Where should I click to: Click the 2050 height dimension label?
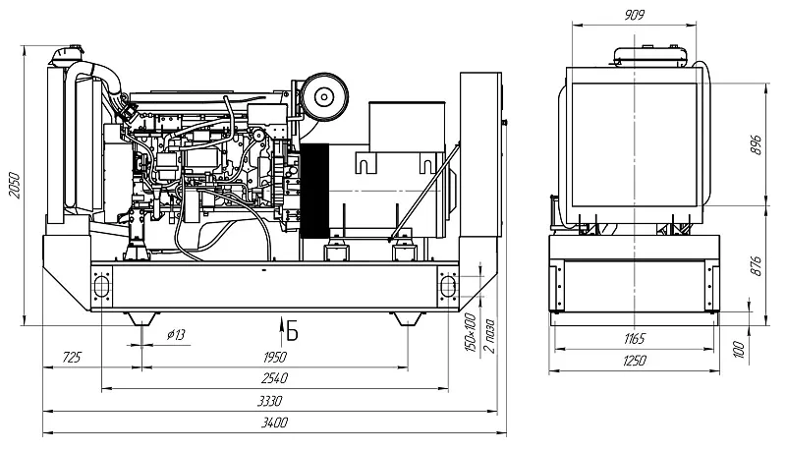(x=15, y=186)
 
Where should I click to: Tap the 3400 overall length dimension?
(x=275, y=423)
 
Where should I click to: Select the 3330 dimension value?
(x=269, y=401)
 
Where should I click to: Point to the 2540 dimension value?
(x=275, y=378)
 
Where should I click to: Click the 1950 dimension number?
(x=275, y=358)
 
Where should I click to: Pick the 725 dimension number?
(x=72, y=358)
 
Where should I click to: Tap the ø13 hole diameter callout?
(x=176, y=334)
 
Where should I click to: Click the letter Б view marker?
(x=292, y=332)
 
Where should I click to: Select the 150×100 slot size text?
(x=471, y=332)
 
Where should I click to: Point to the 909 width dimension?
(x=634, y=15)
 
